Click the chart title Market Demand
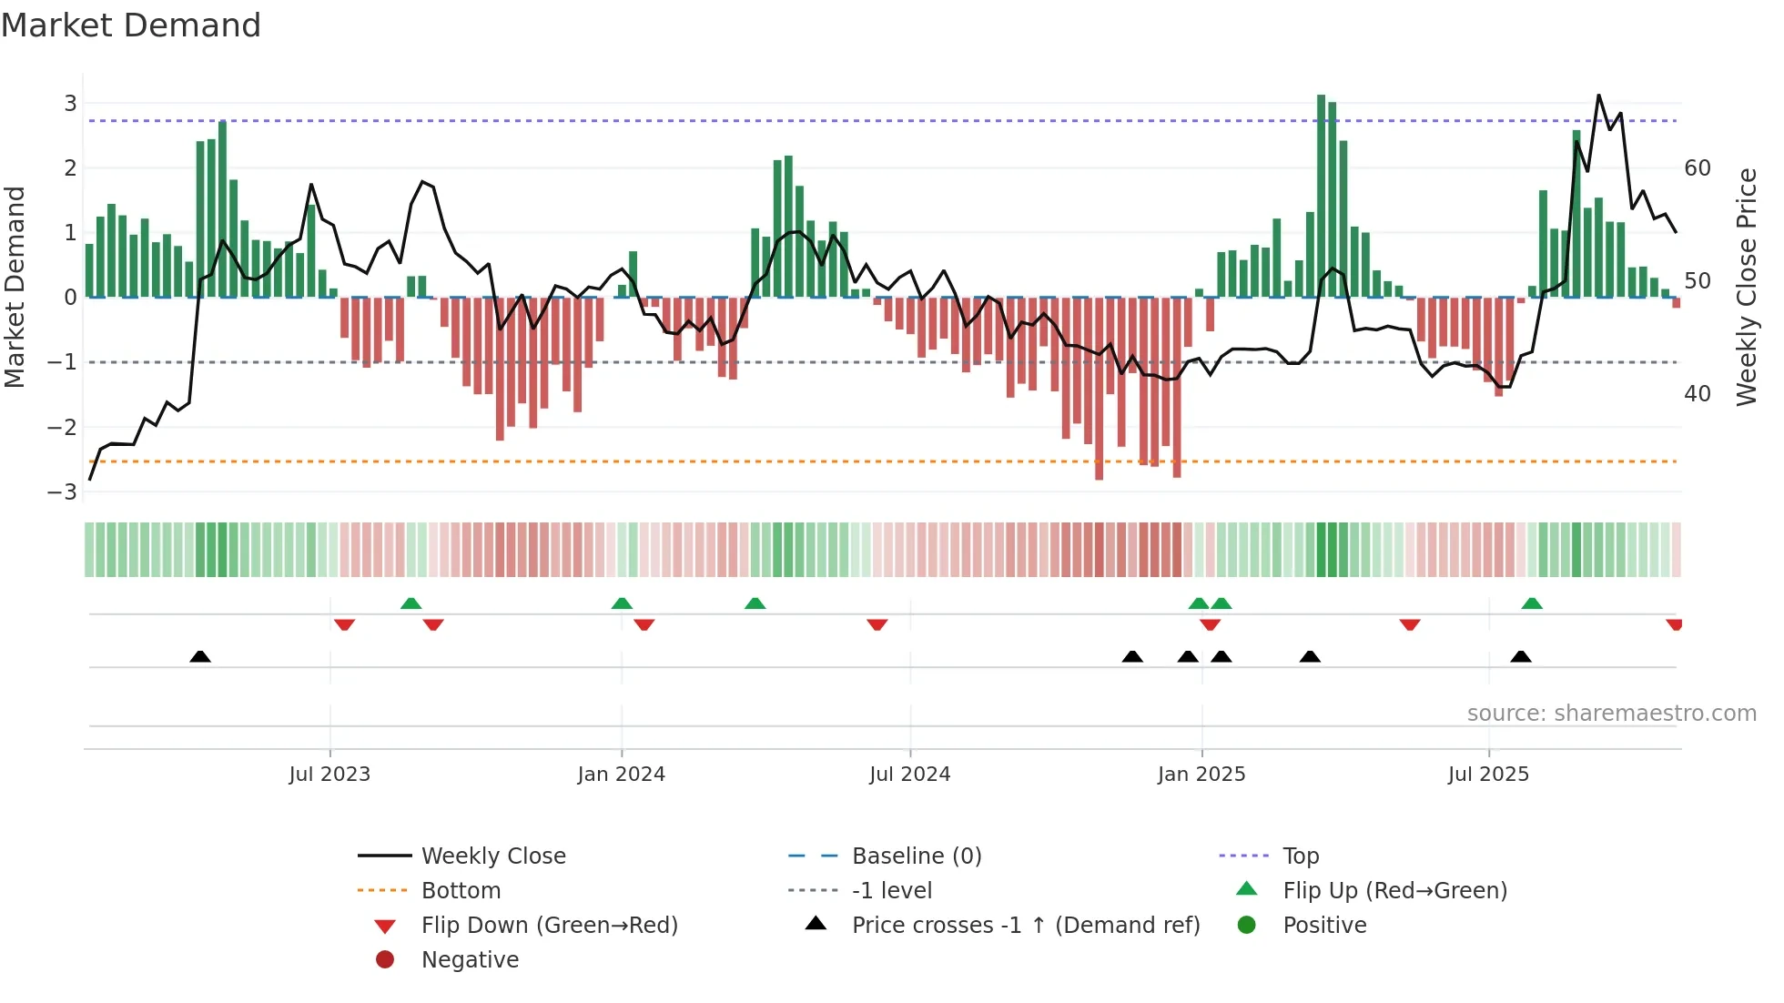tap(131, 25)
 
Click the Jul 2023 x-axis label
tap(329, 775)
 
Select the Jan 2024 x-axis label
tap(621, 775)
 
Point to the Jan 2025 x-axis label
tap(1201, 775)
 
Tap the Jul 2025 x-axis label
tap(1488, 775)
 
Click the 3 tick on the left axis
tap(70, 104)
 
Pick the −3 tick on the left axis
tap(63, 492)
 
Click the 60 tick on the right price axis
tap(1697, 168)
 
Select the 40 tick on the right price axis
tap(1697, 394)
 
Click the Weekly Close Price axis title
tap(1746, 287)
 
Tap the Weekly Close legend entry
tap(492, 856)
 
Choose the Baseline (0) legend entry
tap(916, 856)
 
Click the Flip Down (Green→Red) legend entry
tap(549, 926)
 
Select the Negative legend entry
tap(470, 960)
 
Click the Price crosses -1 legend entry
tap(1025, 926)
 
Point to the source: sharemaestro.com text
tap(1611, 714)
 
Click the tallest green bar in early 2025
tap(1321, 196)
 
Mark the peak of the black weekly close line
tap(1598, 96)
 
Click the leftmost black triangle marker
tap(200, 656)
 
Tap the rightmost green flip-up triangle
tap(1532, 603)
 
